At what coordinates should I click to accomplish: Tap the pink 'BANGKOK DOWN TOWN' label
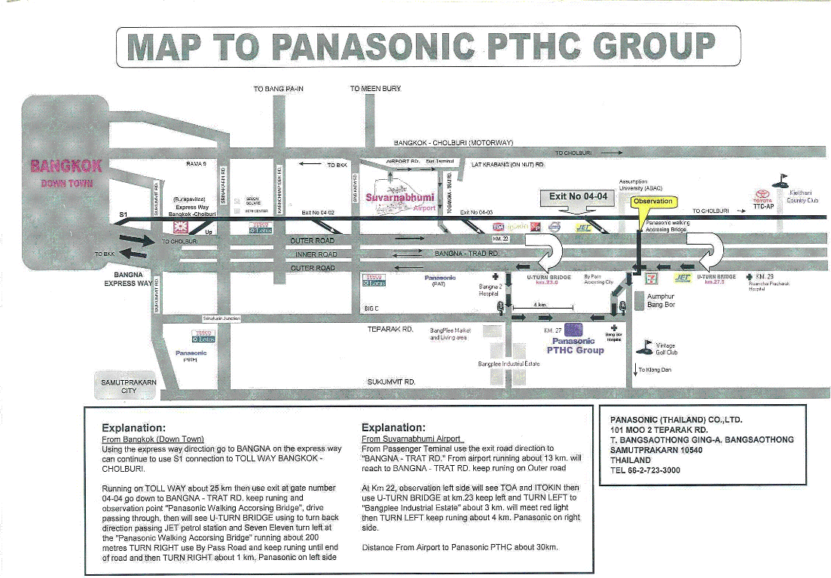coord(67,174)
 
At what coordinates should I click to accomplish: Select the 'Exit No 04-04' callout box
coord(578,197)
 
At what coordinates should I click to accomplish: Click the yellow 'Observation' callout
coord(653,202)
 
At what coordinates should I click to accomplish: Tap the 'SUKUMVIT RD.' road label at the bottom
coord(391,382)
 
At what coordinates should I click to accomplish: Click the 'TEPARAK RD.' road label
coord(391,330)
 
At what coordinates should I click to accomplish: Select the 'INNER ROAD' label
coord(316,254)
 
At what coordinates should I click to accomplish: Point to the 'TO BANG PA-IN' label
coord(279,89)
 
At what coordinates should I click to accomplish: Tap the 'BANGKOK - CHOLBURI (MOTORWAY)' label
coord(454,142)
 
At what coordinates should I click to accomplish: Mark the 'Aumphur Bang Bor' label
coord(660,301)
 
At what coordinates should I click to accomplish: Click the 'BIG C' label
coord(371,309)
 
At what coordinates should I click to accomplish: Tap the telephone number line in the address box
coord(645,470)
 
